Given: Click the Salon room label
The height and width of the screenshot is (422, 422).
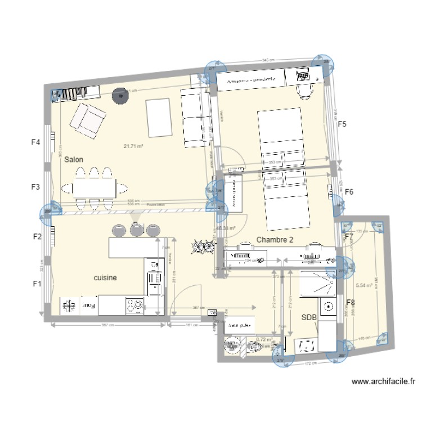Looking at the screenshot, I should tap(74, 160).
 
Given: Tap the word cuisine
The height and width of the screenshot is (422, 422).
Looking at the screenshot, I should tap(105, 277).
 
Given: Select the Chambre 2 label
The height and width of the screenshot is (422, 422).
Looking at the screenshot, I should tap(275, 240).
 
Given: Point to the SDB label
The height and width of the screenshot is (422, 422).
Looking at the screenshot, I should tap(309, 317).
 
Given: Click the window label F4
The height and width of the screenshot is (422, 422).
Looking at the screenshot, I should tap(35, 142).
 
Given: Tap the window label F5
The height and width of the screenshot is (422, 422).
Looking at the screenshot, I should tap(342, 124).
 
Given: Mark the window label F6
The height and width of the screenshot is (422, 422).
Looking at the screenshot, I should tap(349, 192).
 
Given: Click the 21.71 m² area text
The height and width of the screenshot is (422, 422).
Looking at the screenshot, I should tap(133, 147).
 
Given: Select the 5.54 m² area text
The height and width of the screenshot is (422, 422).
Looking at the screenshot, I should tap(365, 286).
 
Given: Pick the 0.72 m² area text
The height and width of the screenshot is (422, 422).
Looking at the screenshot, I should tap(264, 339).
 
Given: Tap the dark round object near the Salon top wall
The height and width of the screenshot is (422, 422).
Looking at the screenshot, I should tap(119, 96).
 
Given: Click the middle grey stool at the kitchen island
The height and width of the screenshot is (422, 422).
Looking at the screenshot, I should tap(136, 230).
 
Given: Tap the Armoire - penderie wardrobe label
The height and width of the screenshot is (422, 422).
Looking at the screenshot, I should tap(250, 80).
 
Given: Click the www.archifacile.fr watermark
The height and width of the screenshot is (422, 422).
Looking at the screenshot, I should tap(383, 381).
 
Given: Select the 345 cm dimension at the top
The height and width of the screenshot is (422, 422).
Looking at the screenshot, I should tap(268, 60).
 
